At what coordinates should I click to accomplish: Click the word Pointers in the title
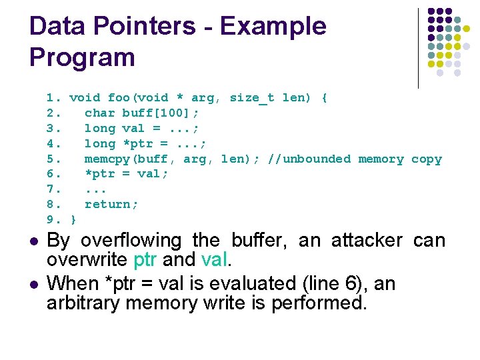[x=140, y=26]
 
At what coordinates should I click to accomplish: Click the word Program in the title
[x=82, y=57]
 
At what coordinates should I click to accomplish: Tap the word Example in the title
[x=273, y=26]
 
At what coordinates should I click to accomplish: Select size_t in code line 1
[x=251, y=98]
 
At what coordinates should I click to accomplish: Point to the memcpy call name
[x=103, y=159]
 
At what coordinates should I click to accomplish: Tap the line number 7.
[x=50, y=189]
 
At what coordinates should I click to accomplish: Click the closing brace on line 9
[x=73, y=220]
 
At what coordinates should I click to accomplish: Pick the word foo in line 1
[x=119, y=98]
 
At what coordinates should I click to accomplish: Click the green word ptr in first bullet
[x=146, y=260]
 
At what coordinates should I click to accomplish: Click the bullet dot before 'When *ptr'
[x=33, y=285]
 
